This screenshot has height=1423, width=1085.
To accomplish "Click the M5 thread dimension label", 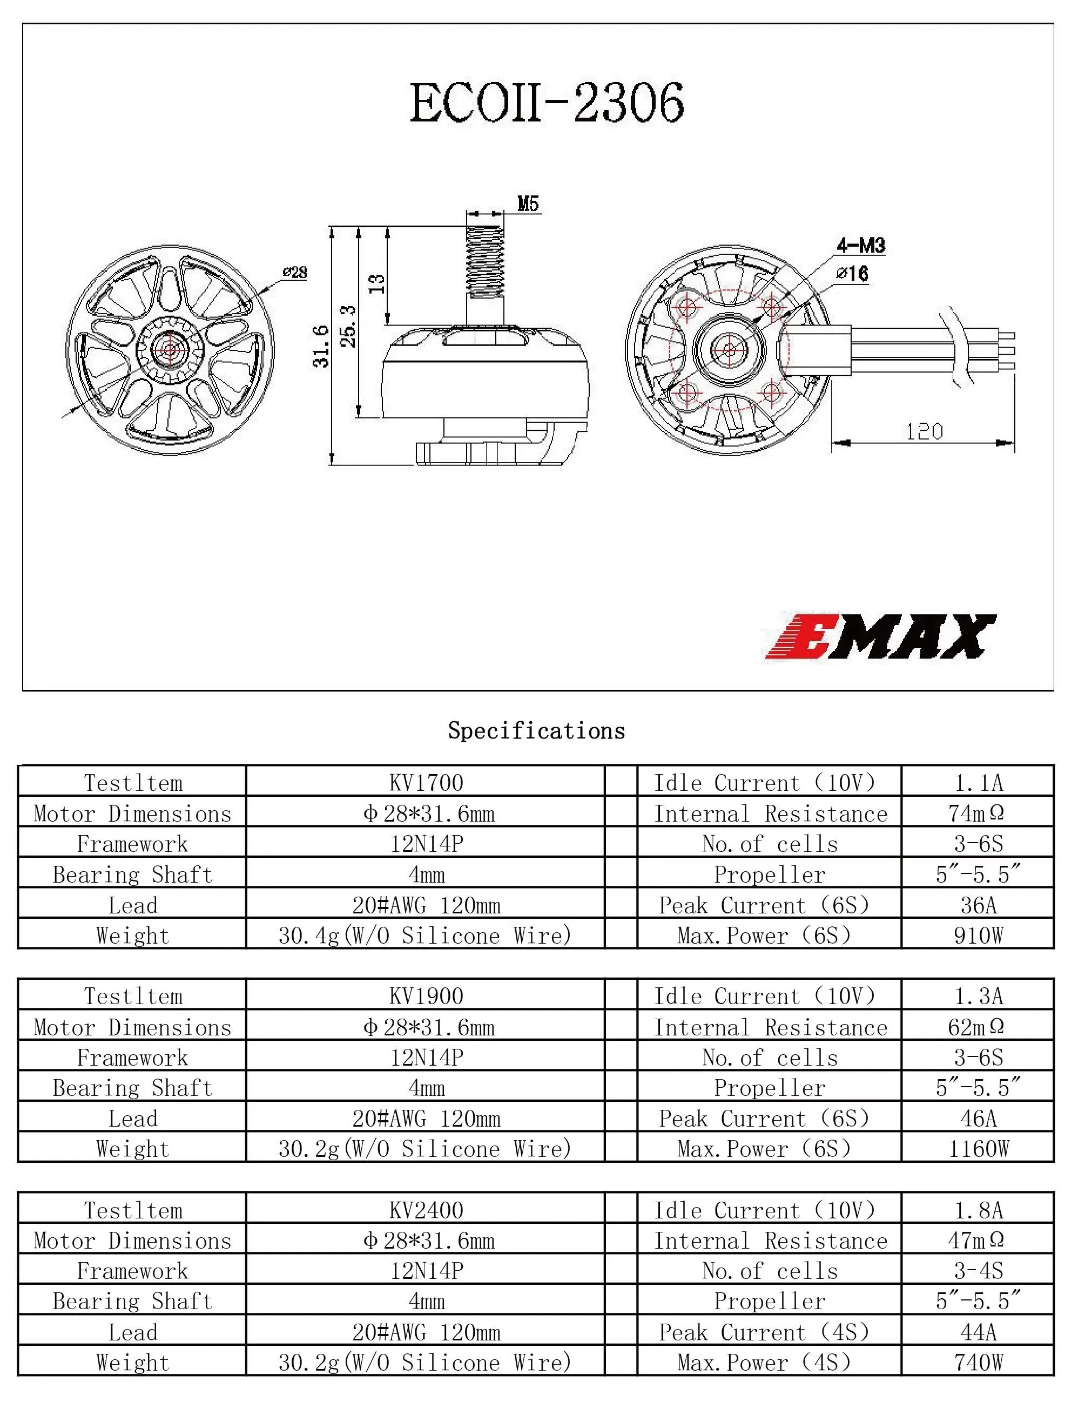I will point(528,204).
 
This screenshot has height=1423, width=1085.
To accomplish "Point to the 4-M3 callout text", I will point(861,245).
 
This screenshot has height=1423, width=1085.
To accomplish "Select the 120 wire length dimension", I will point(924,431).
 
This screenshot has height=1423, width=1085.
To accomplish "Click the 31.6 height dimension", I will point(321,346).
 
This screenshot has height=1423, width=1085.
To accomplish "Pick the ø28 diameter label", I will point(295,273).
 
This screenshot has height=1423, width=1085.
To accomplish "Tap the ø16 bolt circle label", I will point(852,273).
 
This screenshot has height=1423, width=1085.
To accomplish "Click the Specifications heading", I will point(536,731).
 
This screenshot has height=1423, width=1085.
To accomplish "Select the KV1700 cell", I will point(426,783).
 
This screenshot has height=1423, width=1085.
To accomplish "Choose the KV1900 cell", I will point(426,995).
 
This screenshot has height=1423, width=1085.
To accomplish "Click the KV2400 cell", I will point(426,1210).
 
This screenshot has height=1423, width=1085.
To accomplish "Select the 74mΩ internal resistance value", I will point(976,813).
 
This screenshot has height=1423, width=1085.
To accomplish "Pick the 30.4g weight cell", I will point(425,935).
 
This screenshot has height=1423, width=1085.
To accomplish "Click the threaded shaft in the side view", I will point(485,261).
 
